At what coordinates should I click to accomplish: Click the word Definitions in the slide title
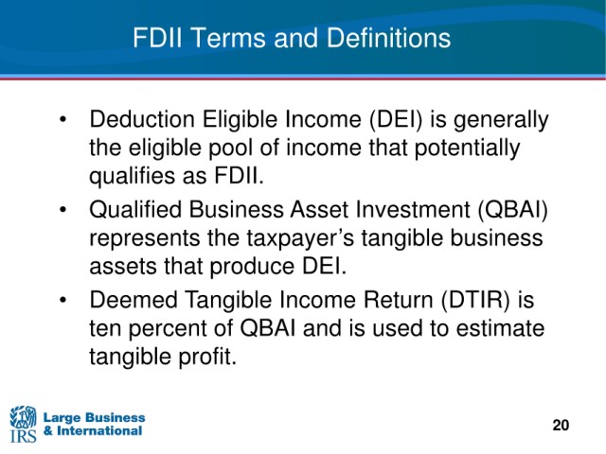tap(388, 38)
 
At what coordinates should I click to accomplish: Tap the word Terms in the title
tap(228, 38)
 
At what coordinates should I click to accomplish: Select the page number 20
tap(561, 425)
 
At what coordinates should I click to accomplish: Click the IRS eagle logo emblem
tap(23, 417)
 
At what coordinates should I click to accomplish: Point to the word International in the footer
tap(99, 431)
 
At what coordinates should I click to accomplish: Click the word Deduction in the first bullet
tap(142, 119)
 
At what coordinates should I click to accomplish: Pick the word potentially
tap(467, 148)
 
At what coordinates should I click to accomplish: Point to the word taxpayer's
tap(300, 238)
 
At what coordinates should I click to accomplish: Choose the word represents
tap(145, 239)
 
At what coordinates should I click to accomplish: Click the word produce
tap(252, 267)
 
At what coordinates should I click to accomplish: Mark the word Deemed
tap(134, 300)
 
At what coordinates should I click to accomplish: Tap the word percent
tap(181, 329)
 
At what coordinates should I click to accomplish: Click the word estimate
tap(501, 328)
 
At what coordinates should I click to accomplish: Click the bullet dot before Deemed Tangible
tap(63, 300)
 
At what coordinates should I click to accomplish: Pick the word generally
tap(501, 120)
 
